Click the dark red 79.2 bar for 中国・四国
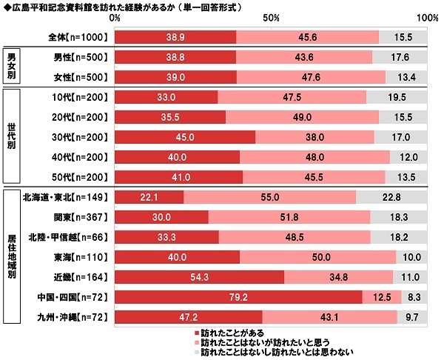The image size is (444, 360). [x=239, y=297]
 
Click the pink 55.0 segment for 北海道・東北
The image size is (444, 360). [x=270, y=196]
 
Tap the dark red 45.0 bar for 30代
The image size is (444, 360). [x=186, y=136]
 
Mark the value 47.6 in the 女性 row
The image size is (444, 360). [x=311, y=76]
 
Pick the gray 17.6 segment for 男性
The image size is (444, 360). [x=400, y=56]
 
